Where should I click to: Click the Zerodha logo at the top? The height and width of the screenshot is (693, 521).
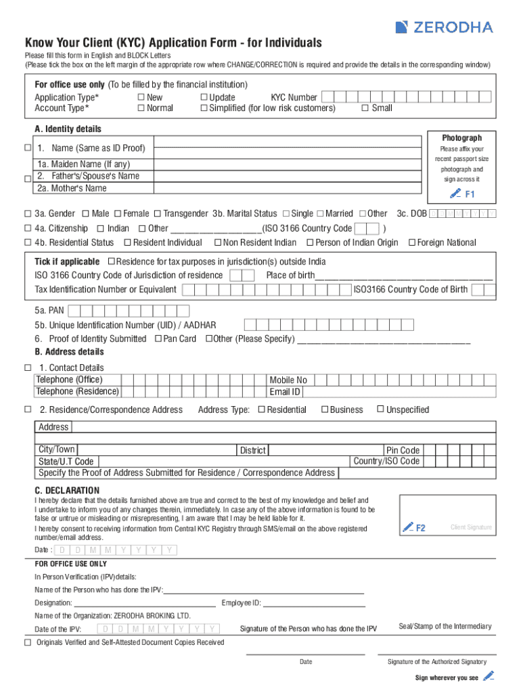tap(444, 27)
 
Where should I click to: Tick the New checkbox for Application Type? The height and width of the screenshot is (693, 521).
tap(141, 97)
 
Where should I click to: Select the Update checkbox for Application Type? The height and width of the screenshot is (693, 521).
tap(204, 97)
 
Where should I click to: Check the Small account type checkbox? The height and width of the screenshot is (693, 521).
tap(365, 108)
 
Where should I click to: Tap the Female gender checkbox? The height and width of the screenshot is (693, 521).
tap(118, 213)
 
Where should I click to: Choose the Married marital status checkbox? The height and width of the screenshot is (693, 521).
tap(320, 213)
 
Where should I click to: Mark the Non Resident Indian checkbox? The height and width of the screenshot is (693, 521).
tap(218, 242)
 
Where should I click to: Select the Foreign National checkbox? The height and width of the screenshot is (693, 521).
tap(412, 242)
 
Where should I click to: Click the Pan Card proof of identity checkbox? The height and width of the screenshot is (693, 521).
tap(158, 338)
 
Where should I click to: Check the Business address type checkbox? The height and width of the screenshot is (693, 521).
tap(325, 409)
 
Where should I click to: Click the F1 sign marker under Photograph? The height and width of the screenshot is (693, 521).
tap(463, 194)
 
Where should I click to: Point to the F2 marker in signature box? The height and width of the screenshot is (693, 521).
tap(414, 527)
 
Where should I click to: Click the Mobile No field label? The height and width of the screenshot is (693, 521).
tap(288, 380)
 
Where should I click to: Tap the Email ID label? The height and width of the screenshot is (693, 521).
tap(285, 392)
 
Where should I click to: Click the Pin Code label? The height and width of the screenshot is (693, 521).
tap(403, 450)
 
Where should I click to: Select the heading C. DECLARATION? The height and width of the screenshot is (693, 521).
tap(67, 490)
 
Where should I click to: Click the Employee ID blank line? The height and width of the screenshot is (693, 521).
tap(314, 603)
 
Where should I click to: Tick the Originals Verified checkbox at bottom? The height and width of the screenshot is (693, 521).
tap(28, 642)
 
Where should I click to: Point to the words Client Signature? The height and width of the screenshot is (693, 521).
tap(472, 527)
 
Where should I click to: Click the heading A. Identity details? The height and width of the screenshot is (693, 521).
tap(68, 129)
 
